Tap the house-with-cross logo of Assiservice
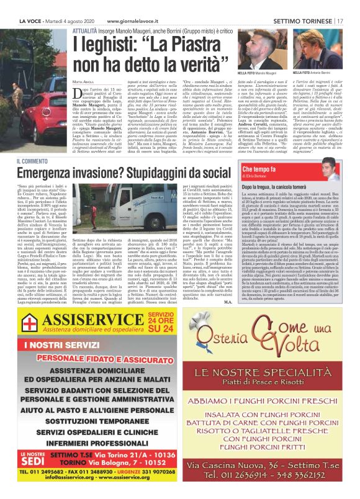pyautogui.click(x=28, y=323)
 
